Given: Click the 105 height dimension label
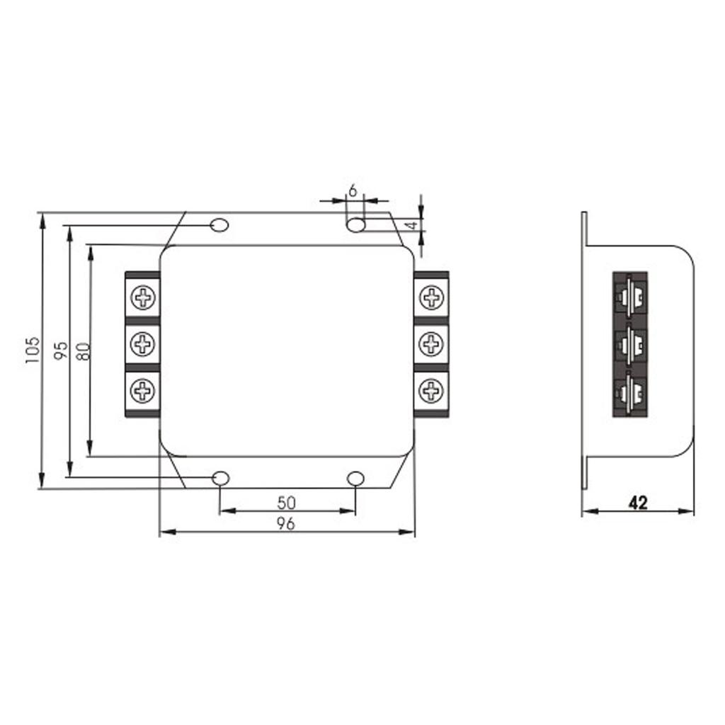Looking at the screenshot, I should click(x=31, y=350).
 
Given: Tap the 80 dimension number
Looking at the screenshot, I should click(x=83, y=350).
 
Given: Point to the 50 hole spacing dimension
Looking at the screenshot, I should click(x=286, y=503).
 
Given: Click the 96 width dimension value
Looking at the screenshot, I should click(x=286, y=523).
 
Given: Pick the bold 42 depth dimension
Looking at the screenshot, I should click(x=638, y=503).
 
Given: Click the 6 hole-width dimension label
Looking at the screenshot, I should click(x=353, y=190).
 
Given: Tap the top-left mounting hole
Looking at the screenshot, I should click(x=220, y=225).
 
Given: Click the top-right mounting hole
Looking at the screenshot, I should click(x=355, y=225).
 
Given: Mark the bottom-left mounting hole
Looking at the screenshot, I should click(x=221, y=479).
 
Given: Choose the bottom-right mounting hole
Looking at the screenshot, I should click(x=355, y=479).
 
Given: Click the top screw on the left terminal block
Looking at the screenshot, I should click(x=144, y=297).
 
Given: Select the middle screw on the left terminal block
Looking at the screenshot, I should click(x=144, y=344).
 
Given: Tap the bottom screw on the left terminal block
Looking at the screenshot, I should click(x=144, y=390).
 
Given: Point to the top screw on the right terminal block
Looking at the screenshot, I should click(x=430, y=297).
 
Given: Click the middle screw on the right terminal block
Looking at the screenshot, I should click(x=430, y=344).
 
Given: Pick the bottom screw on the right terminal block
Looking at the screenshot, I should click(x=430, y=390).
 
